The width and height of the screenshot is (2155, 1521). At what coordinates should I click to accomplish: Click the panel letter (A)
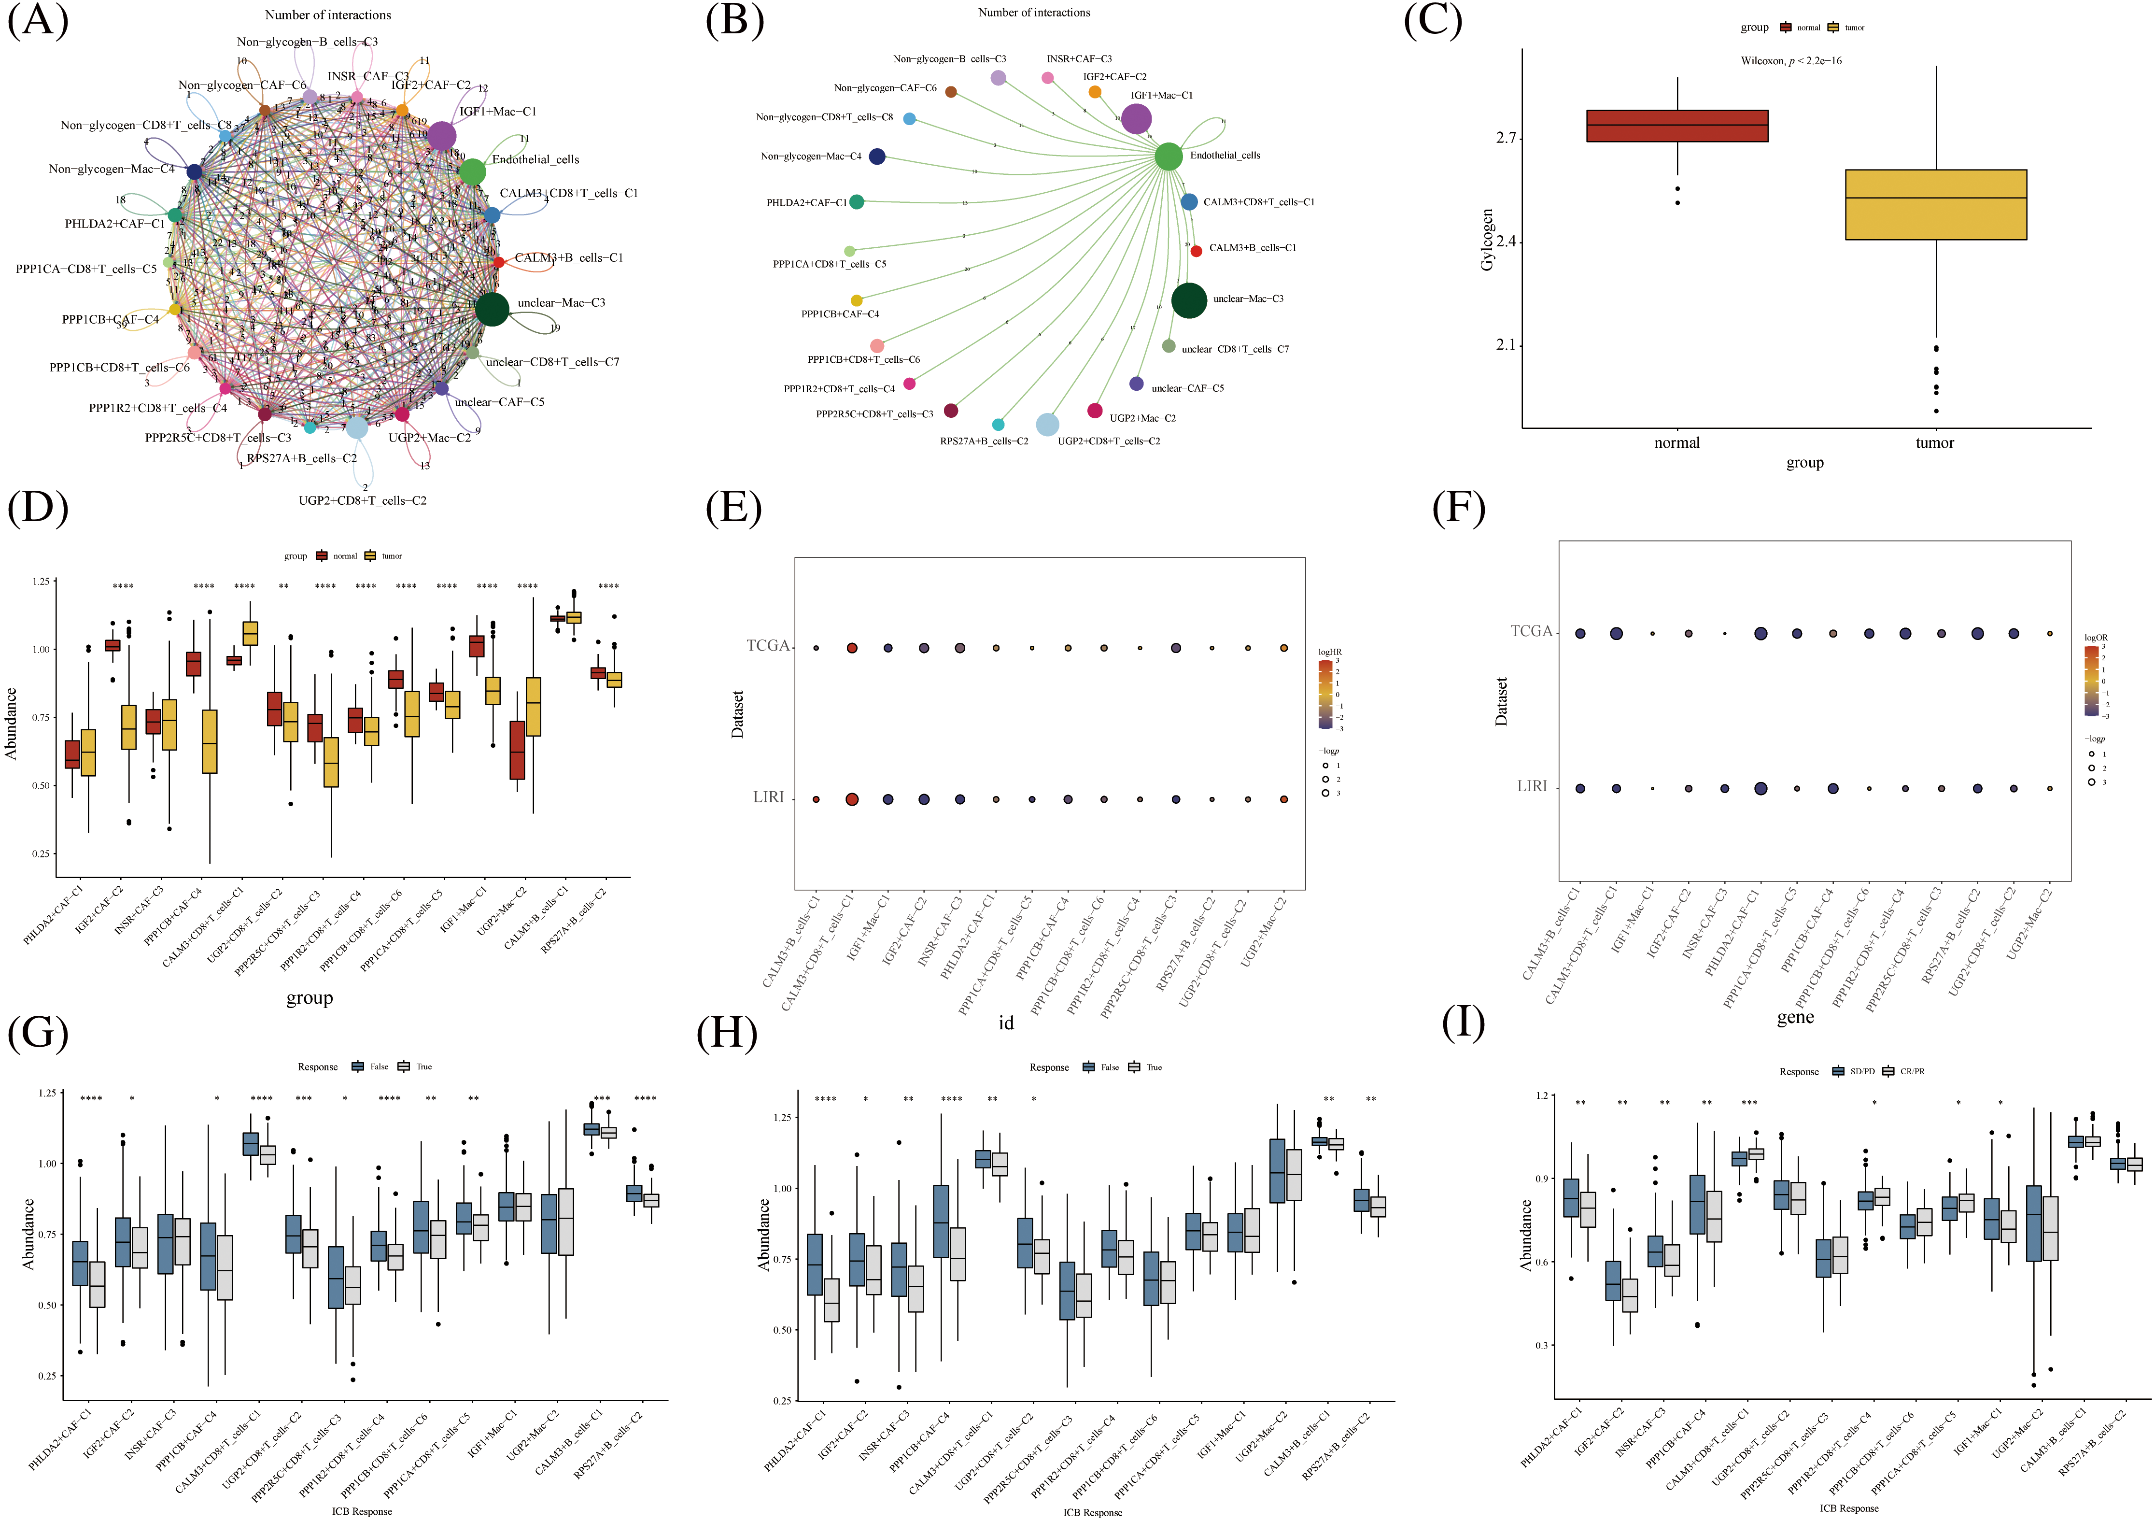[x=38, y=21]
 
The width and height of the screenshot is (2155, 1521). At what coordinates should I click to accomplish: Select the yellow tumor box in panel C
[x=1935, y=205]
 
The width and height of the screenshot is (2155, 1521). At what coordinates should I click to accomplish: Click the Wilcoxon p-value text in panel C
[x=1790, y=61]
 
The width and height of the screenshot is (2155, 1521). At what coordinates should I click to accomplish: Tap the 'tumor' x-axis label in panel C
[x=1934, y=443]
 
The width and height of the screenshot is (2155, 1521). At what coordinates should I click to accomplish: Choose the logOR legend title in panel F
[x=2096, y=638]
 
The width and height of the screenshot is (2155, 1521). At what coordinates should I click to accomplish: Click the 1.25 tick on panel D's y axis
[x=41, y=582]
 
